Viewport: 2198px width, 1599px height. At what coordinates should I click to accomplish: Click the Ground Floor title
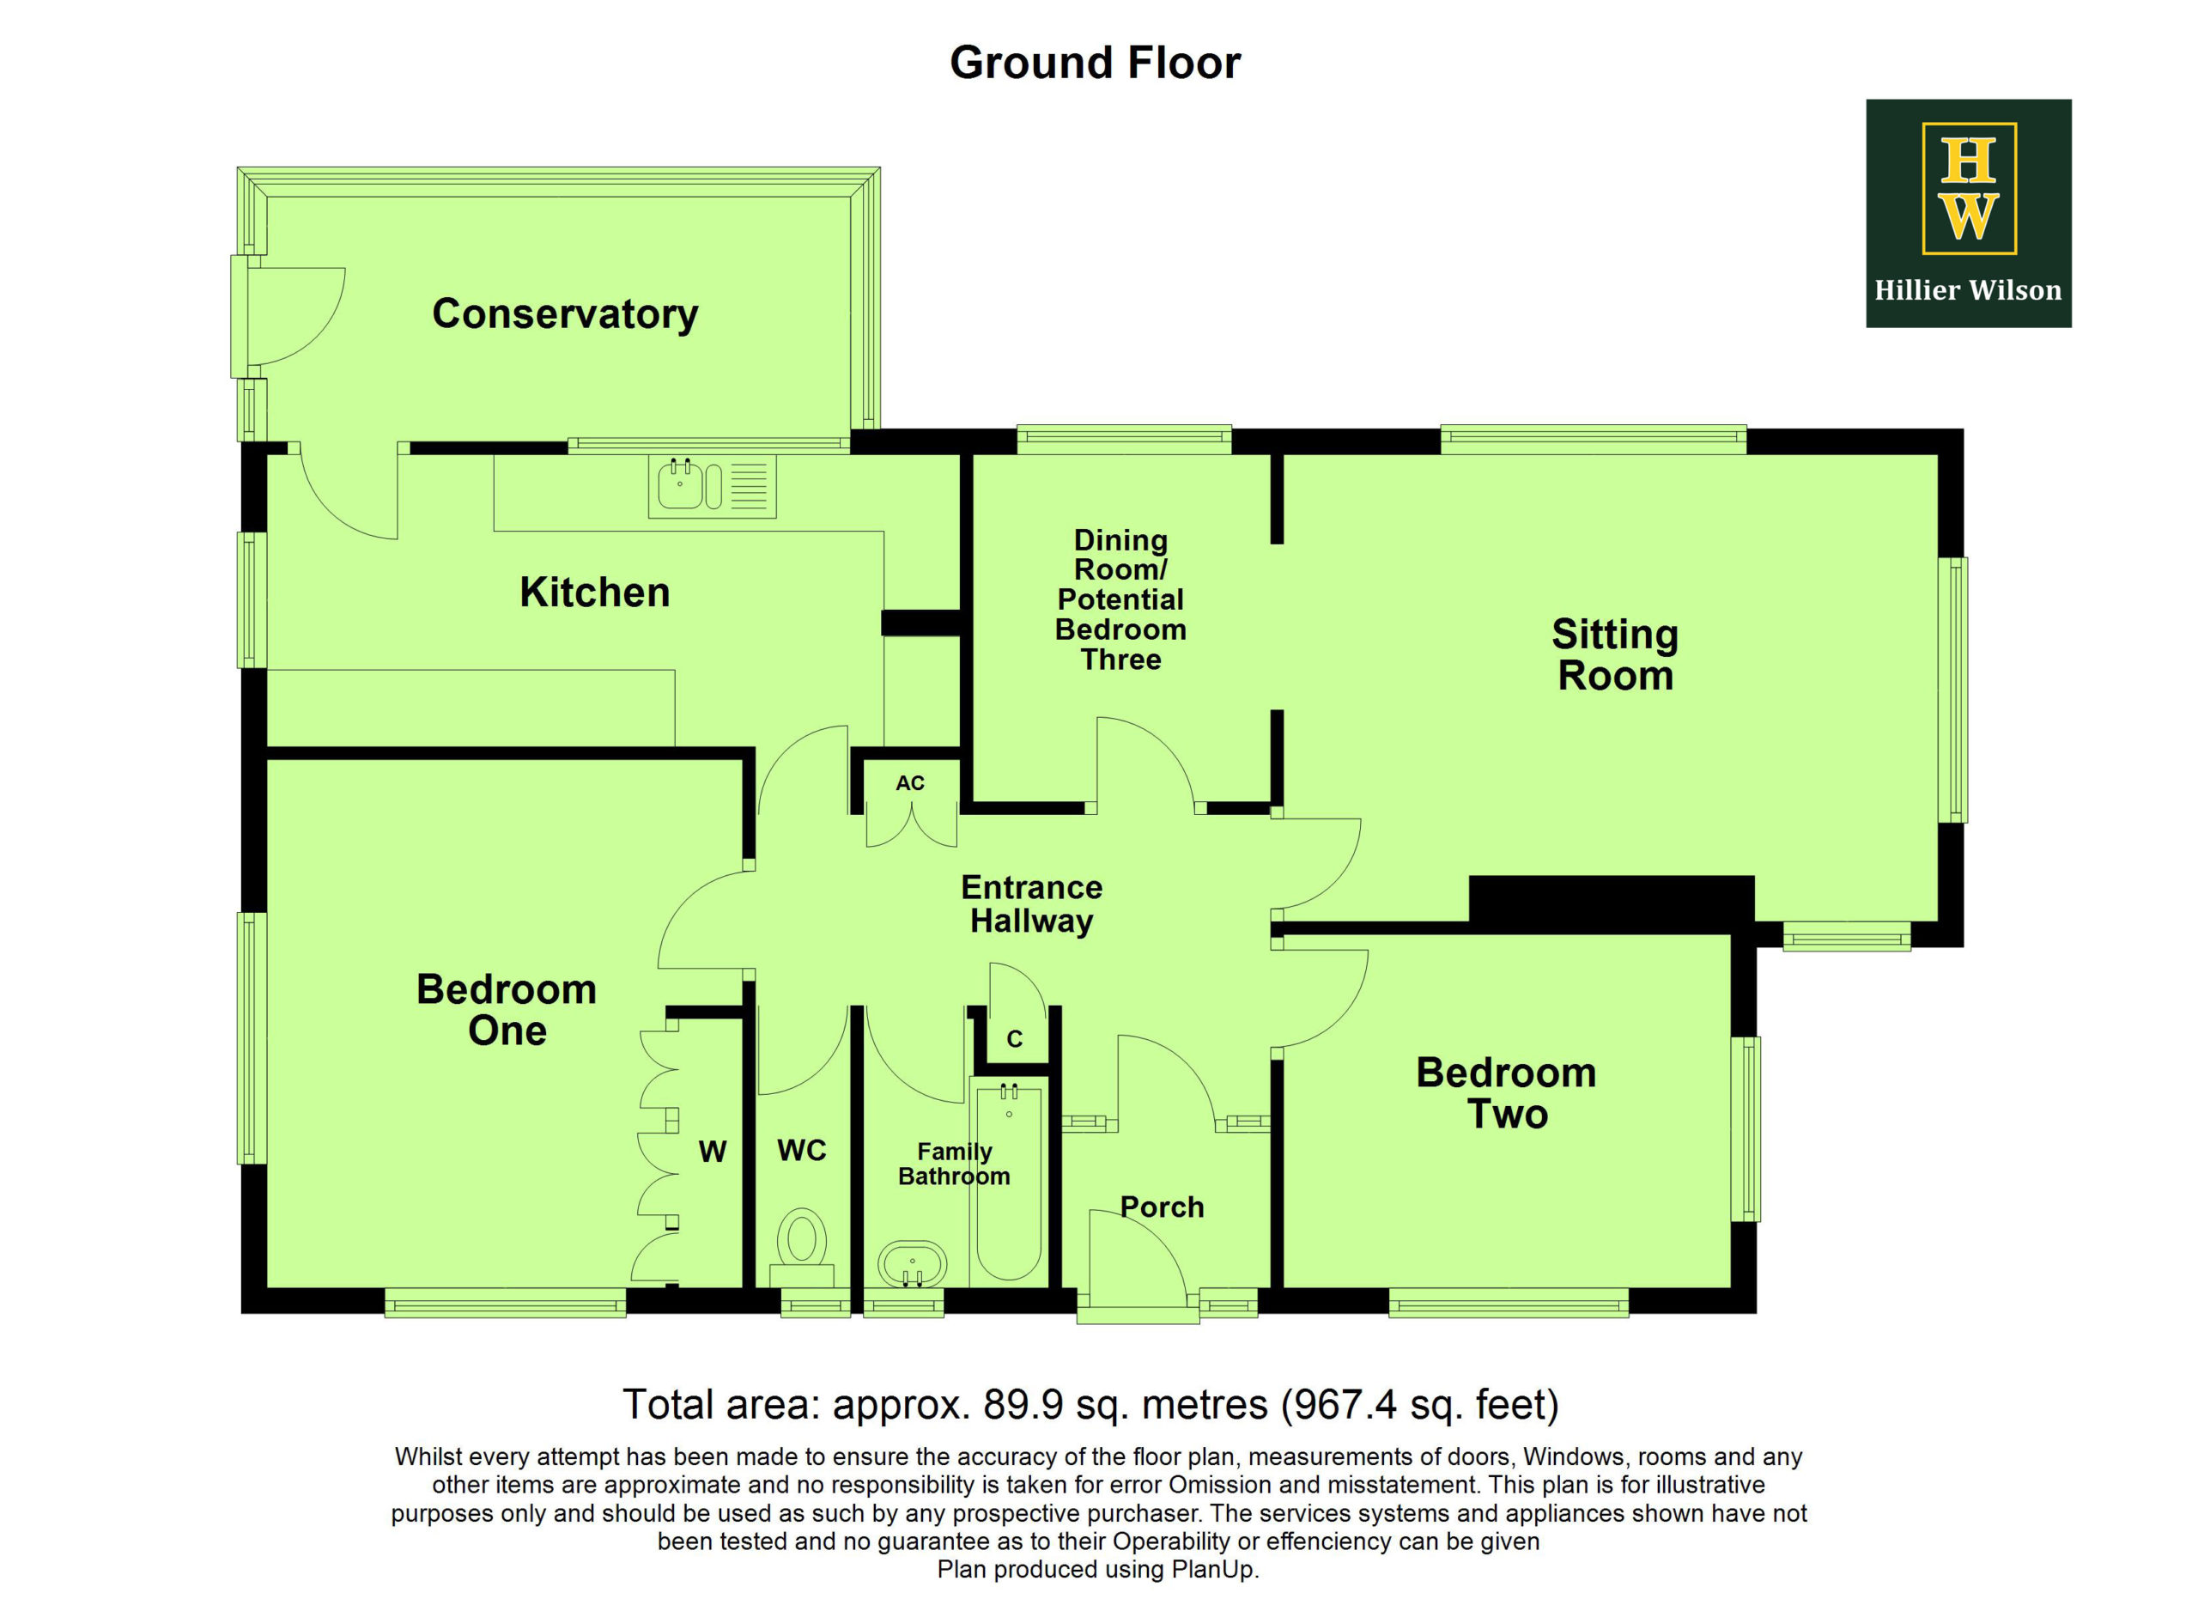coord(1095,64)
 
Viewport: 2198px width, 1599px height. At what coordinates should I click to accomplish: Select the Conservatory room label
coord(565,314)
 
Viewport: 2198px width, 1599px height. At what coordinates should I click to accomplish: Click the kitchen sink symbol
coord(713,485)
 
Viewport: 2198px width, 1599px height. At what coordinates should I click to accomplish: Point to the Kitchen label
coord(595,593)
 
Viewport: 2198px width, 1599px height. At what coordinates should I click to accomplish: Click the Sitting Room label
coord(1616,655)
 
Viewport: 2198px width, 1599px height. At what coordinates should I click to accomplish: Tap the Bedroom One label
coord(507,1010)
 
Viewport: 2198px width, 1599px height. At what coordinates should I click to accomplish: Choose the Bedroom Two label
coord(1506,1093)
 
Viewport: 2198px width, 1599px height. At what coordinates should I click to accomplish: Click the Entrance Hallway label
coord(1032,904)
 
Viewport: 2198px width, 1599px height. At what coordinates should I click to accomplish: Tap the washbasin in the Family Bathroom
coord(912,1265)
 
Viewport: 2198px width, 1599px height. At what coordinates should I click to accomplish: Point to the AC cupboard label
coord(910,783)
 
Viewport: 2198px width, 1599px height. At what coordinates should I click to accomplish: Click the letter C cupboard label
coord(1015,1040)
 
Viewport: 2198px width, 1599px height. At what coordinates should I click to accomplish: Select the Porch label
coord(1162,1207)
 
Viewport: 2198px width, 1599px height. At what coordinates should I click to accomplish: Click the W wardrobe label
coord(713,1152)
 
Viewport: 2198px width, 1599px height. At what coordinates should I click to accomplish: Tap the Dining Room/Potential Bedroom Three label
coord(1120,600)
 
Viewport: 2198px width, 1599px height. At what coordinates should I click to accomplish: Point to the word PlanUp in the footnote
coord(1212,1569)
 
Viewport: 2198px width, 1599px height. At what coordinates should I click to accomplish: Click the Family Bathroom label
coord(955,1164)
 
